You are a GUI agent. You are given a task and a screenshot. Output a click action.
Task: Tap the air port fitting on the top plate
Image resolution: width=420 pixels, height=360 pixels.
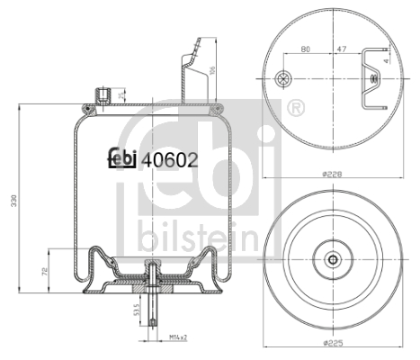point(103,94)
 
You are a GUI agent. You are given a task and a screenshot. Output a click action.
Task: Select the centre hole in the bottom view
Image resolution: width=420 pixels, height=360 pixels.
point(333,260)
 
